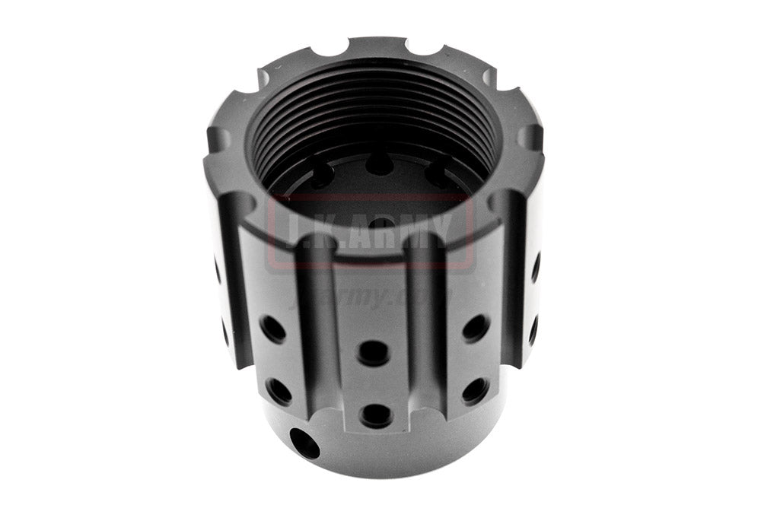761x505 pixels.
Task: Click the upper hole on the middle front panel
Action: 374,353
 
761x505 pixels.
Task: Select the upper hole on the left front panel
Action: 273,329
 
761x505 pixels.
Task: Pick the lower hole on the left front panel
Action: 279,391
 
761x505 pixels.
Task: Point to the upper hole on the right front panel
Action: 476,328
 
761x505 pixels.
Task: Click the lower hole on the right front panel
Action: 475,390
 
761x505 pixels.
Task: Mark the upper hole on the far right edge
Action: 536,267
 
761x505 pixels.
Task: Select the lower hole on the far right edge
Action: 533,329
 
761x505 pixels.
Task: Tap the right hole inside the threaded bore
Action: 438,175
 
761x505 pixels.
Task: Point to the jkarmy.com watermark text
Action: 373,294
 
